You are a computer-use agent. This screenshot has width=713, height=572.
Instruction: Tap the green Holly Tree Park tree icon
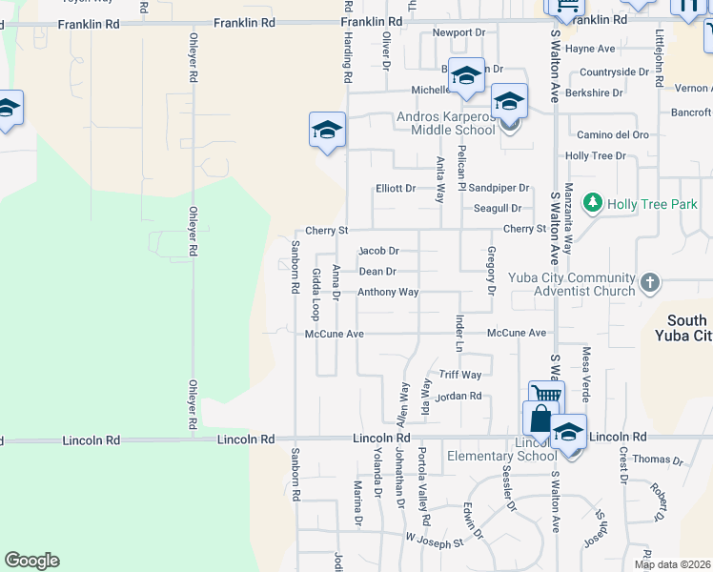tap(593, 203)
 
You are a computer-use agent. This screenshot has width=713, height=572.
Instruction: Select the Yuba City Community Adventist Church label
tap(573, 284)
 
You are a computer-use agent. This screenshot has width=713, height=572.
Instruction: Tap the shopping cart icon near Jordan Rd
tap(546, 396)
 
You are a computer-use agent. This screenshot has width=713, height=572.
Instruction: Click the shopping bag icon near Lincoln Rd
tap(540, 419)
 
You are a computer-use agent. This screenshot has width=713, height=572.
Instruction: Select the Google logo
tap(32, 561)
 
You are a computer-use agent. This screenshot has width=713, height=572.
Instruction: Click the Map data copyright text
tap(672, 564)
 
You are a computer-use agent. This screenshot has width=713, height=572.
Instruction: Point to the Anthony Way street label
tap(388, 292)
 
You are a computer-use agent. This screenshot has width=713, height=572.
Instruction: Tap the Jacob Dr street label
tap(377, 251)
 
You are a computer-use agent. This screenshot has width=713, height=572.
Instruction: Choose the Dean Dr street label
tap(377, 272)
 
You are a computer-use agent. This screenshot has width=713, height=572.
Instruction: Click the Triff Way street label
tap(459, 375)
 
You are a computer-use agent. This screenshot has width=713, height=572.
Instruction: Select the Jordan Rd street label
tap(458, 396)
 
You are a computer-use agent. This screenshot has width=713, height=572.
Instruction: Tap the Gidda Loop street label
tap(316, 294)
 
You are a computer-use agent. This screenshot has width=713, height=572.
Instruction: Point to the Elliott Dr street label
tap(395, 189)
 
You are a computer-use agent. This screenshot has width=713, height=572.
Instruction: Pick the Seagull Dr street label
tap(498, 208)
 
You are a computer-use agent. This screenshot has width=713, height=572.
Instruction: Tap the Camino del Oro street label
tap(607, 134)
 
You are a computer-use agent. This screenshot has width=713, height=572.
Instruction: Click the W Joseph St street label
tap(434, 541)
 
